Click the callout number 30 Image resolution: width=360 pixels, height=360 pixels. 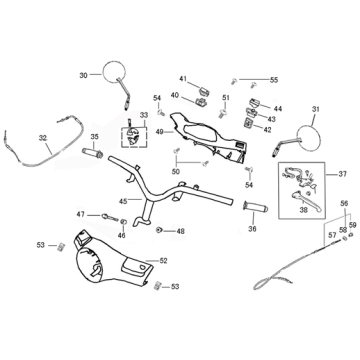pyautogui.click(x=83, y=75)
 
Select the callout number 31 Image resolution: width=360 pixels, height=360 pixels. pyautogui.click(x=316, y=109)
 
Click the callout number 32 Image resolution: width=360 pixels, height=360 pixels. pyautogui.click(x=42, y=137)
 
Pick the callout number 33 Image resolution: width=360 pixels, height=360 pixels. pyautogui.click(x=143, y=116)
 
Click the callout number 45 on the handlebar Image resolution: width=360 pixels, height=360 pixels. pyautogui.click(x=124, y=202)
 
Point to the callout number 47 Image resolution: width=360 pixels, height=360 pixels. pyautogui.click(x=81, y=214)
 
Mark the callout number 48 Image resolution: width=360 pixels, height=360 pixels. pyautogui.click(x=180, y=231)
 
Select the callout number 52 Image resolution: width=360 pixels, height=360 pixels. pyautogui.click(x=164, y=261)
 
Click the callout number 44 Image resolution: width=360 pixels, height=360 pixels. pyautogui.click(x=277, y=108)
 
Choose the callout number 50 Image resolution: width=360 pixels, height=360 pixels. pyautogui.click(x=178, y=172)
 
